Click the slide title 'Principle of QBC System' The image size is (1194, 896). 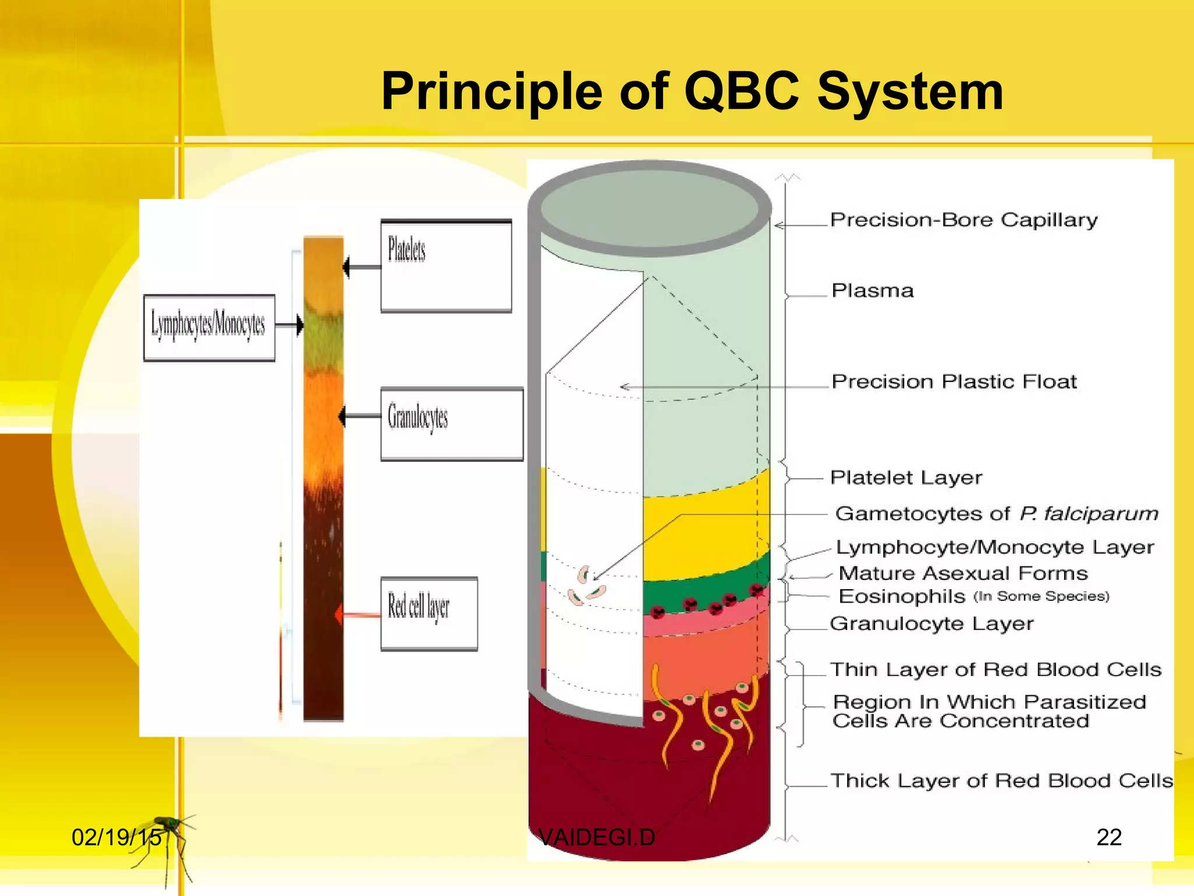(x=692, y=92)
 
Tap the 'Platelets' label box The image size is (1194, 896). (x=446, y=266)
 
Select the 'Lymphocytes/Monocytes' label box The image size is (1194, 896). (x=209, y=327)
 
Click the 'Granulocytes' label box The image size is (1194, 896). (x=451, y=424)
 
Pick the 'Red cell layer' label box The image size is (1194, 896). (x=429, y=614)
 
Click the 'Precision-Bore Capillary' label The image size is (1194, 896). (x=963, y=220)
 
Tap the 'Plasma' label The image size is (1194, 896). (x=872, y=290)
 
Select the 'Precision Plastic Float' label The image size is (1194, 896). (x=954, y=381)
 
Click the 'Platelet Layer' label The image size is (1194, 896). (x=906, y=478)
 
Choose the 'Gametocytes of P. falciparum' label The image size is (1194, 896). (x=996, y=514)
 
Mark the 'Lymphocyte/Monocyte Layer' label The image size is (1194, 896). (x=995, y=547)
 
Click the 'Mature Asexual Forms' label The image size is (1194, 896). (x=963, y=573)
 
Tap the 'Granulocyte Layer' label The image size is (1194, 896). (x=931, y=624)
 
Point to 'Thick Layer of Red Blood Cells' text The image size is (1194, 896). (x=1001, y=780)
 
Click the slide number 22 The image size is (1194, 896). (x=1108, y=838)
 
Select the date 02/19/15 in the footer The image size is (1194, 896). (x=116, y=838)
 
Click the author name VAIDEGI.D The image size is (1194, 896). (x=596, y=838)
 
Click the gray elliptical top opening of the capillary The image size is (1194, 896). (x=649, y=208)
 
